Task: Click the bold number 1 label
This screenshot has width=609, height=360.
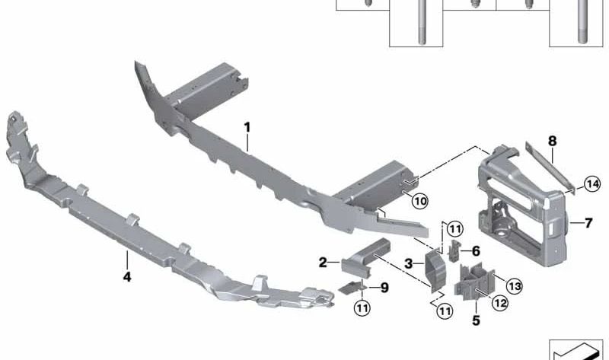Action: [247, 127]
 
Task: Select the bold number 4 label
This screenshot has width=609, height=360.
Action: [127, 277]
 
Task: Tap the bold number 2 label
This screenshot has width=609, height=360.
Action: [323, 263]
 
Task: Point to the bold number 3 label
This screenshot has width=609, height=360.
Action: [408, 264]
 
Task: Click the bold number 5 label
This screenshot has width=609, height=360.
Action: [477, 320]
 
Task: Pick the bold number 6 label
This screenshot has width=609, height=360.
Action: [476, 251]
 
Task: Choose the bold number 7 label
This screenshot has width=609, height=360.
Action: [588, 223]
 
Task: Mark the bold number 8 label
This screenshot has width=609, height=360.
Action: [553, 141]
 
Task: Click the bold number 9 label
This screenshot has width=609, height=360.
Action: [384, 288]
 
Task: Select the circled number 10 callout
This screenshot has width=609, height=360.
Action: [420, 201]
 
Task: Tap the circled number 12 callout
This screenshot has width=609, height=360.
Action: [500, 303]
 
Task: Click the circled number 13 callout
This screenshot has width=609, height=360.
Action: [515, 287]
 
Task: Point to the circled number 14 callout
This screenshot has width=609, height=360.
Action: [593, 183]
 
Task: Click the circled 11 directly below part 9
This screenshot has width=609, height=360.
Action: [362, 308]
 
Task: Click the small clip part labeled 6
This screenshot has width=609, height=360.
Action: [454, 250]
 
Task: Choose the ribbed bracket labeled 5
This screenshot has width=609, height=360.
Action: [473, 282]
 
